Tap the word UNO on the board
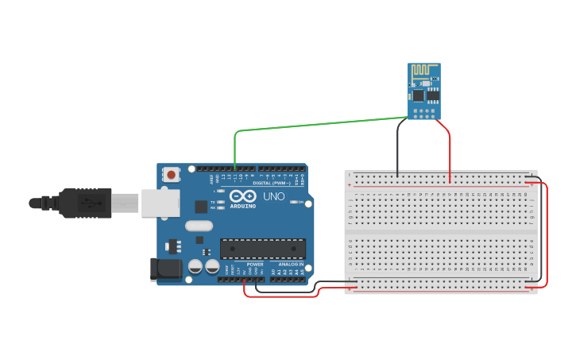pyautogui.click(x=273, y=196)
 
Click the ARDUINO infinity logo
pyautogui.click(x=242, y=196)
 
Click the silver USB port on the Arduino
pyautogui.click(x=160, y=203)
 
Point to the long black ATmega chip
pyautogui.click(x=262, y=249)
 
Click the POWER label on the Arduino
pyautogui.click(x=254, y=264)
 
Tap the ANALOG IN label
pyautogui.click(x=291, y=264)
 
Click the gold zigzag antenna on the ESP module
pyautogui.click(x=426, y=72)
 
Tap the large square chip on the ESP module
pyautogui.click(x=419, y=95)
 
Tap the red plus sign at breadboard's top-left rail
pyautogui.click(x=350, y=184)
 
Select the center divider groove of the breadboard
pyautogui.click(x=441, y=231)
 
